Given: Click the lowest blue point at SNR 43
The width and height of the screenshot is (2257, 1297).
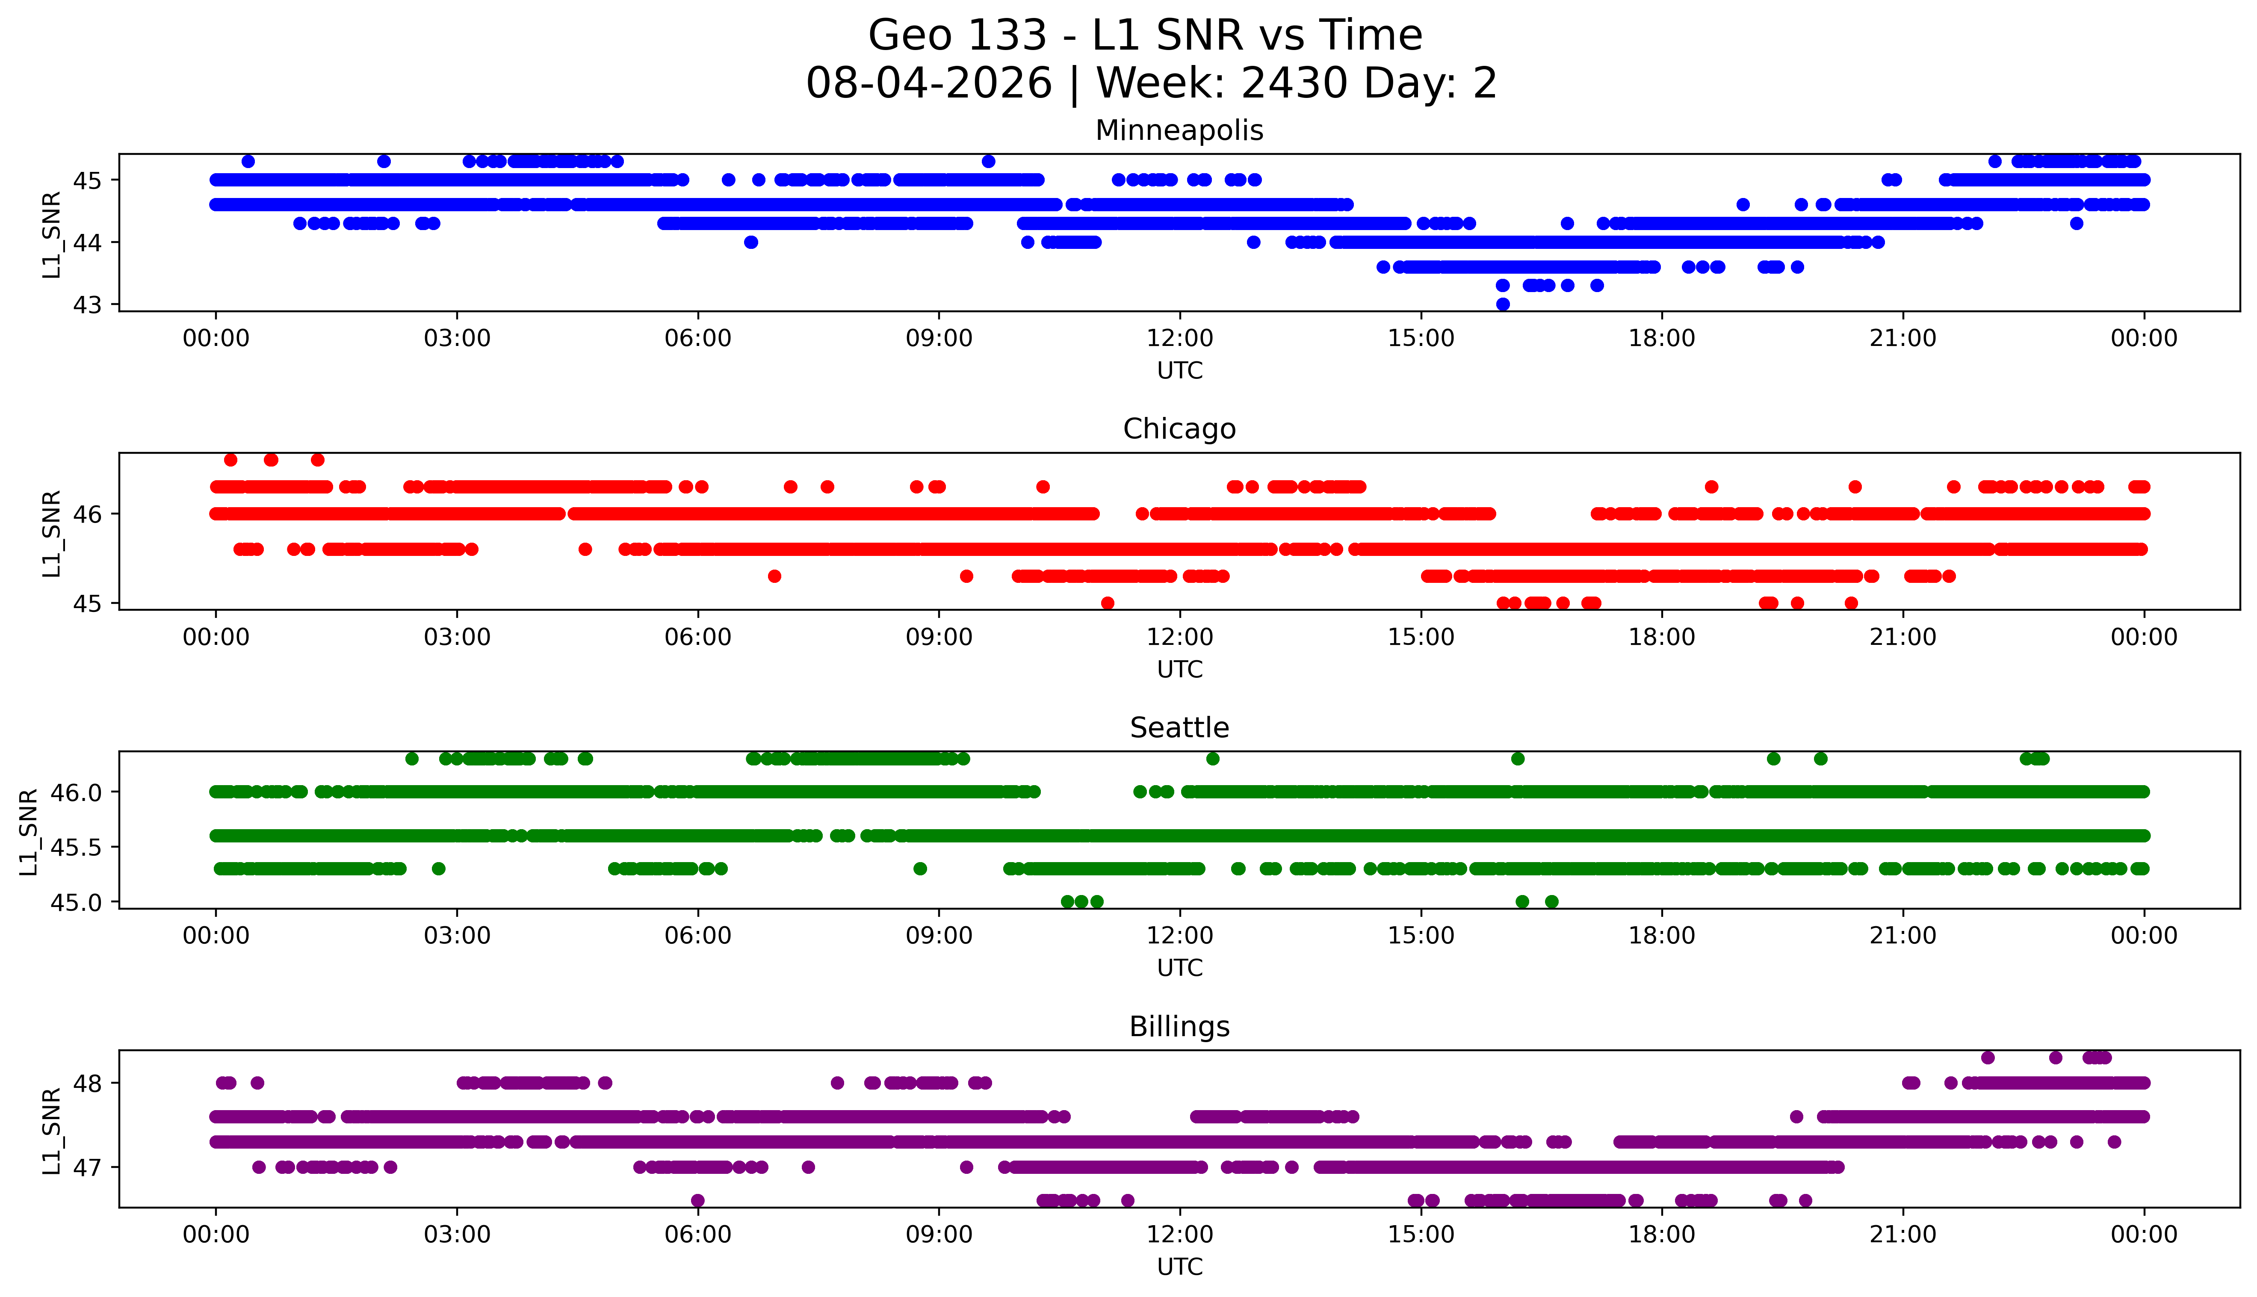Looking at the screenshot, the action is coord(1503,304).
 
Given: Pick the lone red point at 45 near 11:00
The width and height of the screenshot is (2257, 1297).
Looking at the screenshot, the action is coord(1107,603).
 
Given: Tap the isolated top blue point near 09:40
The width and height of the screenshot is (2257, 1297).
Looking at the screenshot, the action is coord(988,161).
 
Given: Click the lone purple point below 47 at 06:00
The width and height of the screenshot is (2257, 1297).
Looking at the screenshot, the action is coord(697,1200).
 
